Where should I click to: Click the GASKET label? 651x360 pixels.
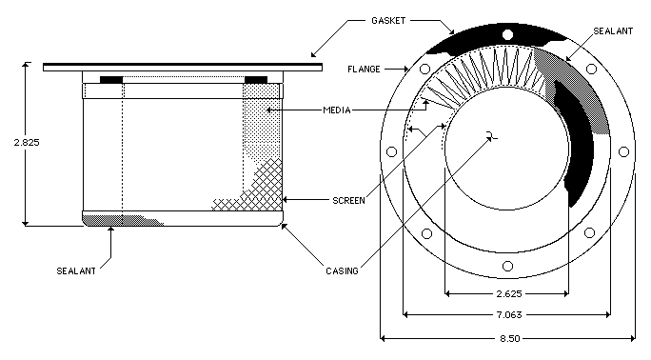click(388, 21)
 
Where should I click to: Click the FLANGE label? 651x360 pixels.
click(364, 70)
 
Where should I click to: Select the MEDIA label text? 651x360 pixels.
click(337, 110)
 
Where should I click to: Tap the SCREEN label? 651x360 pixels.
click(348, 201)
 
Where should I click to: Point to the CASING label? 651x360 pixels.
click(342, 271)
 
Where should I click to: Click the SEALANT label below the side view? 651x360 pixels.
click(76, 271)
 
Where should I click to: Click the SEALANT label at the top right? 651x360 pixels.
click(613, 31)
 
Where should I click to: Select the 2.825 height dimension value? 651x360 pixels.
click(27, 143)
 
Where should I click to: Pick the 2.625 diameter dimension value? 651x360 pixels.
click(509, 294)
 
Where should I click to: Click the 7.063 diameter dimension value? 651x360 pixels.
click(509, 314)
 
